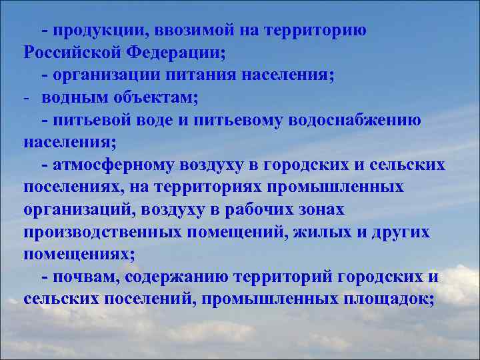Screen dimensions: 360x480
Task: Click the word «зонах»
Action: pos(321,209)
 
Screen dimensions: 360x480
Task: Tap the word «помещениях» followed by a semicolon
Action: pos(78,254)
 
